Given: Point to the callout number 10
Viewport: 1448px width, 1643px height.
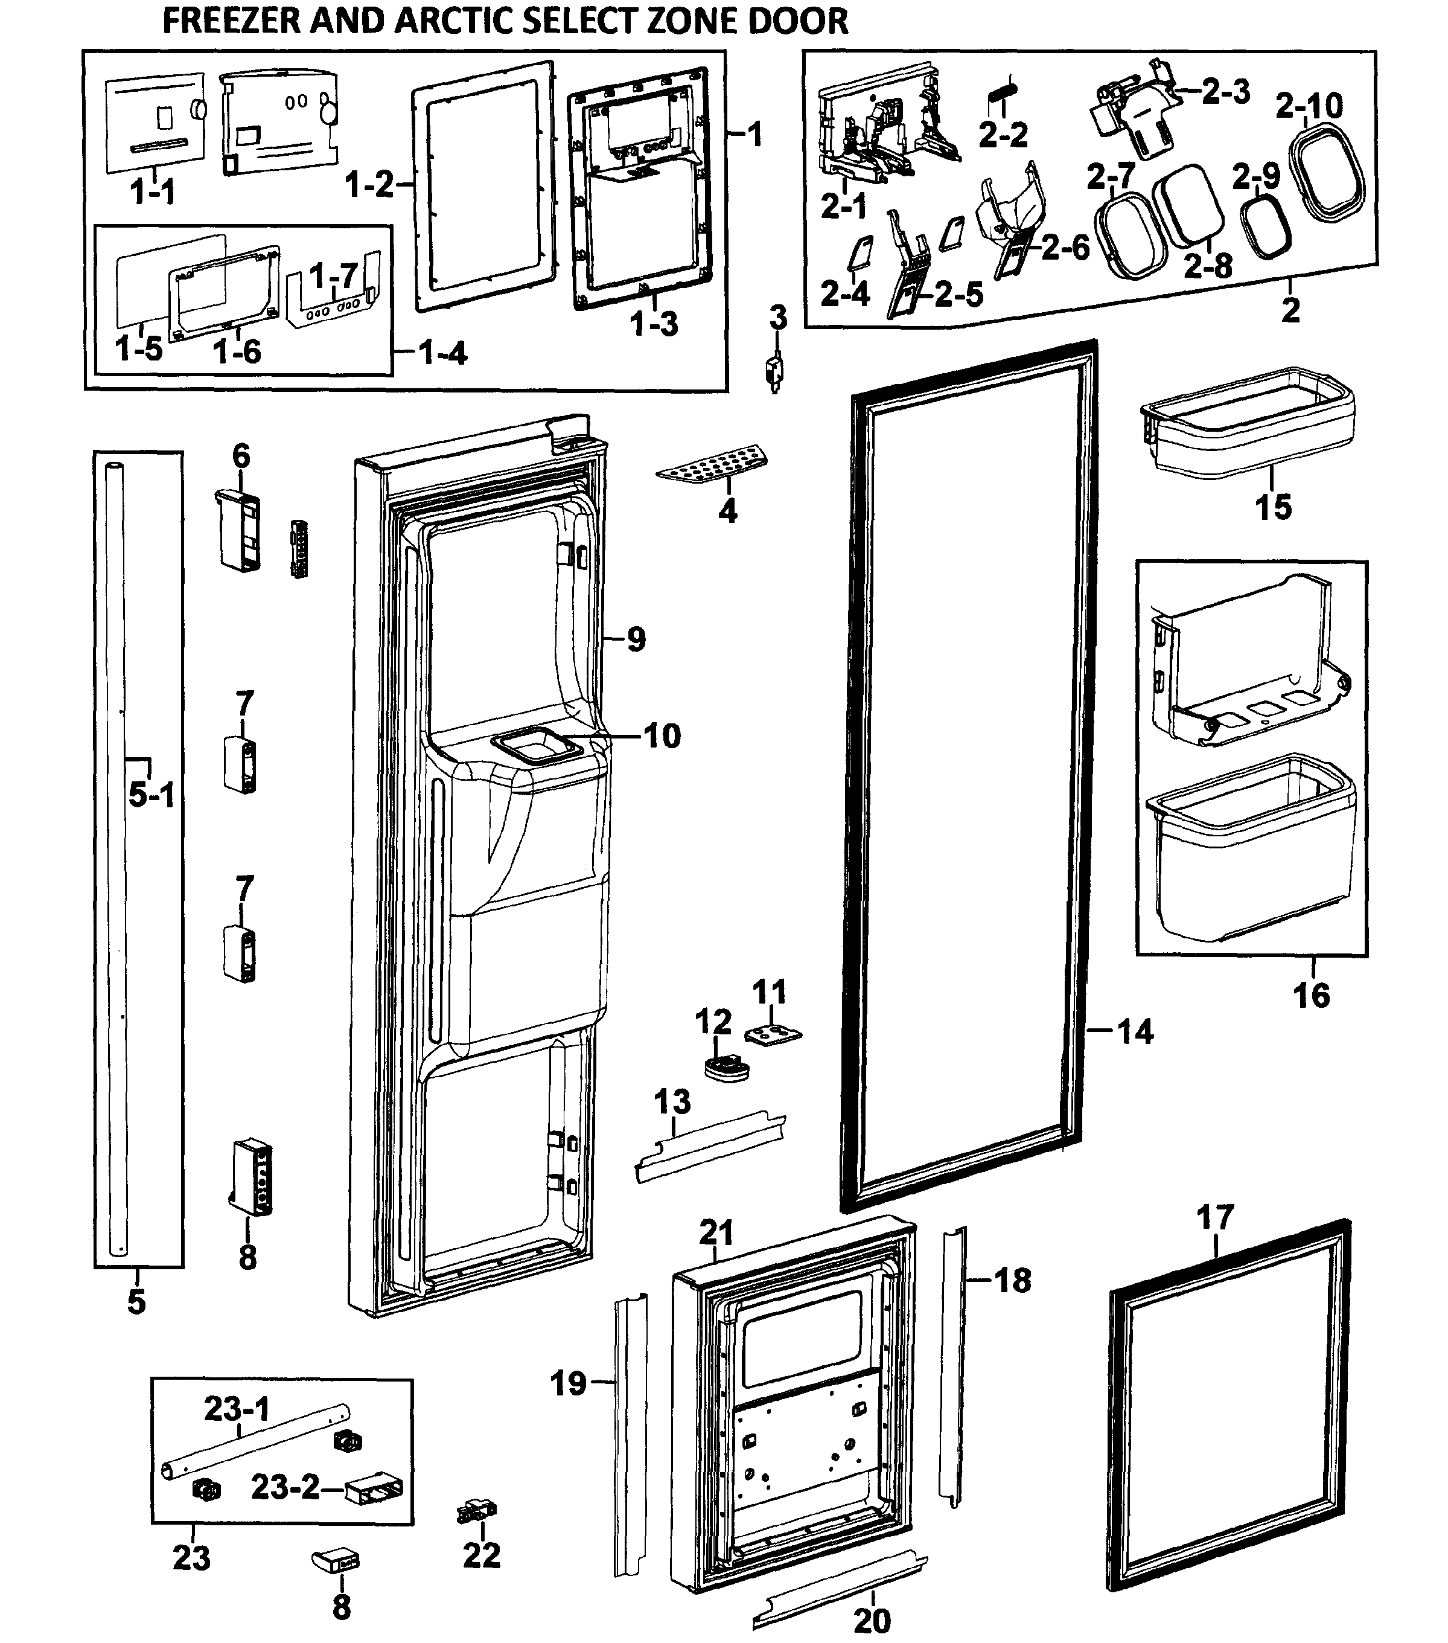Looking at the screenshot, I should tap(662, 735).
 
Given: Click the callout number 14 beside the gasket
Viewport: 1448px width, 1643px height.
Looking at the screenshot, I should tap(1135, 1031).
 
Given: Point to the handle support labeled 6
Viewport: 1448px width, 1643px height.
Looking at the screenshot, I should tap(238, 531).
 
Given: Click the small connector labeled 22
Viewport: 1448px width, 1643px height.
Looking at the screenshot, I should tap(476, 1513).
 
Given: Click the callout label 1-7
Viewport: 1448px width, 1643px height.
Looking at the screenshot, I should tap(333, 276).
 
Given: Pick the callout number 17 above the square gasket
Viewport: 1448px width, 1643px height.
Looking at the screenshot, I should tap(1214, 1218).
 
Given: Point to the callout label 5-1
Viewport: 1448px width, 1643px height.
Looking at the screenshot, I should tap(151, 796).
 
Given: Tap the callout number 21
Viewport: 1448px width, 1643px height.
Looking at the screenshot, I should tap(716, 1232).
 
